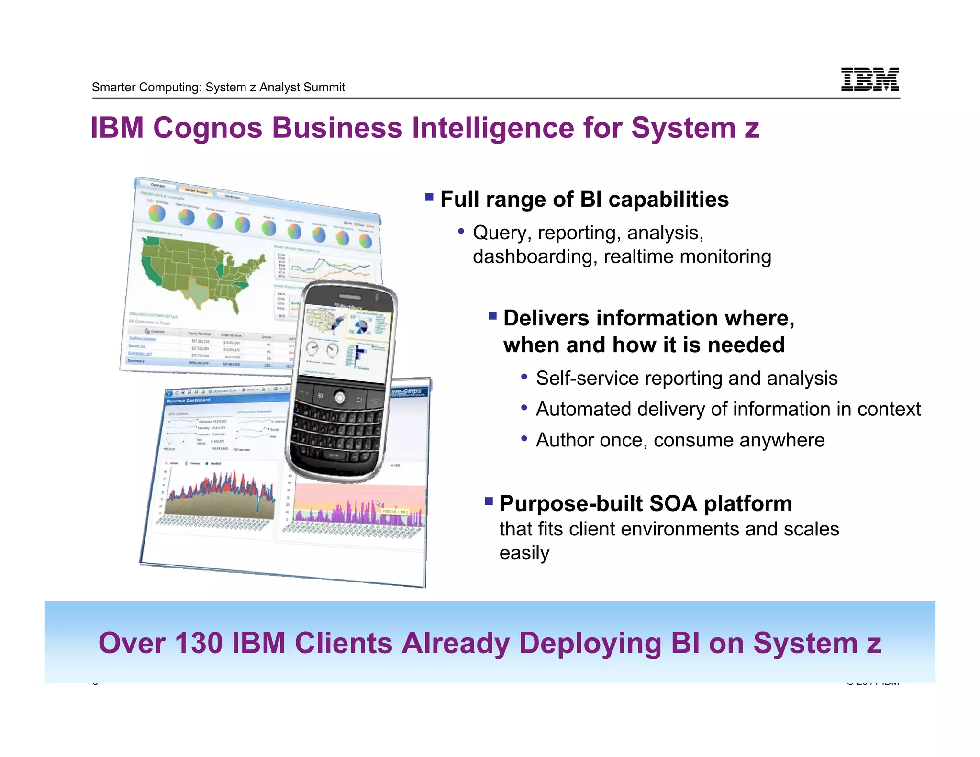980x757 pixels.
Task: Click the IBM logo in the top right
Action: tap(869, 79)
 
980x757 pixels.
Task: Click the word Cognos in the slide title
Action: tap(207, 128)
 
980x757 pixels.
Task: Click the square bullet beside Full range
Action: tap(429, 197)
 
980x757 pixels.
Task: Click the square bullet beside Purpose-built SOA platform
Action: tap(489, 501)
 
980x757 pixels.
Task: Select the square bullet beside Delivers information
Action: tap(492, 315)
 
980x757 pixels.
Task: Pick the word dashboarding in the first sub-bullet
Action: tap(535, 257)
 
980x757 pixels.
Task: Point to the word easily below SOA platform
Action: tap(524, 553)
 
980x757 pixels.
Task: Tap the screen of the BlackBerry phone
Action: tap(346, 341)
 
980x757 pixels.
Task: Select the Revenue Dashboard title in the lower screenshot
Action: tap(189, 401)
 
